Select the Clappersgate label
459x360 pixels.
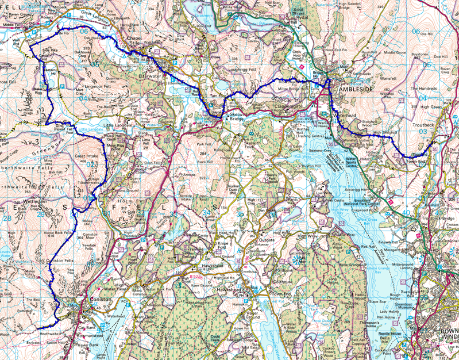(x=280, y=106)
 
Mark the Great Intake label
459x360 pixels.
(x=86, y=155)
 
